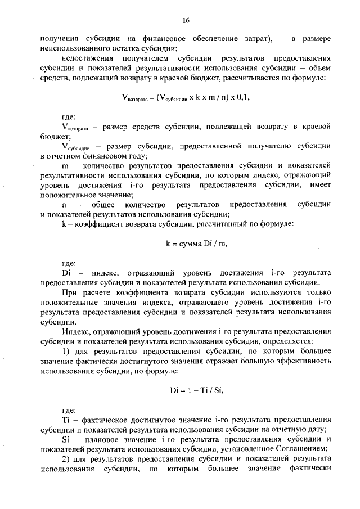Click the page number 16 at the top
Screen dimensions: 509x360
click(186, 21)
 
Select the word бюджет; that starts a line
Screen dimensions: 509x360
click(52, 136)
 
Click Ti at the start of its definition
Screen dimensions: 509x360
click(66, 420)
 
